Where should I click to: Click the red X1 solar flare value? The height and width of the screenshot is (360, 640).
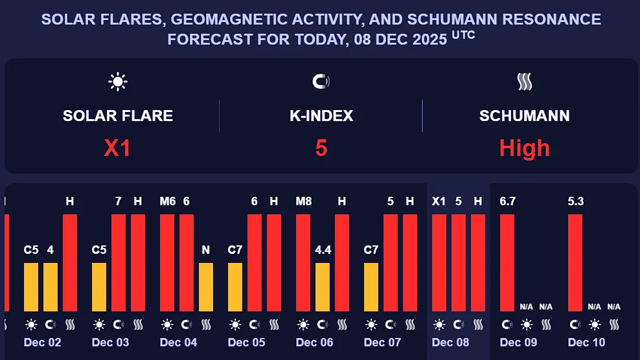pos(118,148)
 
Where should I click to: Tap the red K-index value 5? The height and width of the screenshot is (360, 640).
pos(321,148)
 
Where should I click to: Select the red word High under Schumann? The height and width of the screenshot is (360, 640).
pos(524,148)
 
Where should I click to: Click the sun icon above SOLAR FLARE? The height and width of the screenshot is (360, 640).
pos(118,82)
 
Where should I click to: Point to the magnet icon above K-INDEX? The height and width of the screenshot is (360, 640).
pos(321,82)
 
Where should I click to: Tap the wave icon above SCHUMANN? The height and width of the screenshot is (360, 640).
pos(524,82)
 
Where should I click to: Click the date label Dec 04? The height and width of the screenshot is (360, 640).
pos(178,342)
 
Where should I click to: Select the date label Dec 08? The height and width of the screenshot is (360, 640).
pos(450,342)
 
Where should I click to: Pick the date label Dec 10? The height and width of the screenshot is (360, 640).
pos(586,342)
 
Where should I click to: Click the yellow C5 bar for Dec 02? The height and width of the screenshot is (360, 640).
pos(31,287)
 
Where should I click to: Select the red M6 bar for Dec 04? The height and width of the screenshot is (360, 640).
pos(167,262)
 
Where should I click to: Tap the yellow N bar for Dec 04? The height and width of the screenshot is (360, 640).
pos(206,287)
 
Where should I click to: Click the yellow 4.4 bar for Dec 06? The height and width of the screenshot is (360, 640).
pos(323,287)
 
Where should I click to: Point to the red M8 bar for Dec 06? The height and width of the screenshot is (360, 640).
pos(303,262)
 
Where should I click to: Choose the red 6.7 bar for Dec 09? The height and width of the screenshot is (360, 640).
pos(507,262)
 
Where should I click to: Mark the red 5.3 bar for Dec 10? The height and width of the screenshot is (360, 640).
pos(575,262)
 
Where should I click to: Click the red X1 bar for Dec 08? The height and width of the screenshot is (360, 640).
pos(439,262)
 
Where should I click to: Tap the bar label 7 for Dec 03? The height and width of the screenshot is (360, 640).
pos(119,201)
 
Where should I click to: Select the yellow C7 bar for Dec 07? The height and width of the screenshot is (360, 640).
pos(371,287)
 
